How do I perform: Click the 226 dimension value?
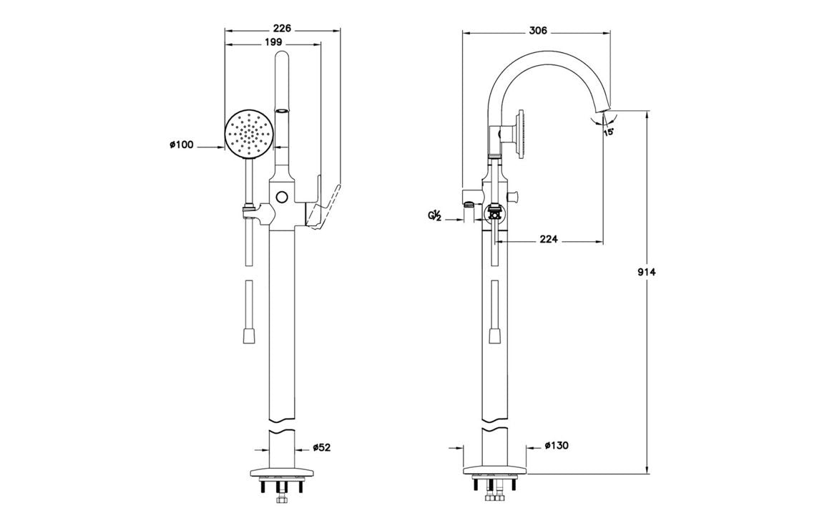pos(283,29)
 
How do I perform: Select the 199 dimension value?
pos(273,43)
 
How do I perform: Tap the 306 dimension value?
pos(537,31)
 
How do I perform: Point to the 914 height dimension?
pos(647,272)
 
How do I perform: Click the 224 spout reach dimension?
pos(548,240)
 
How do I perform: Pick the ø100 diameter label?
pos(182,145)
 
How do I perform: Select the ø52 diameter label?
pos(322,448)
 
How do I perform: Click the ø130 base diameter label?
pos(556,446)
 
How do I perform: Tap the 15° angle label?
pos(608,132)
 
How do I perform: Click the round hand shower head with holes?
pos(249,134)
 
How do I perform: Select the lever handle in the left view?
pos(326,208)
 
